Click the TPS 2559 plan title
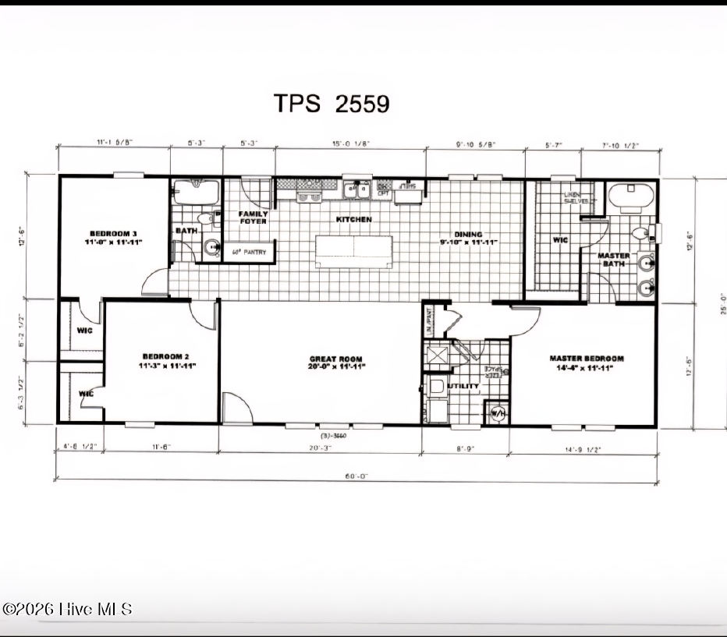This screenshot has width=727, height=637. (332, 103)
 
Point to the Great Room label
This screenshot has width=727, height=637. (335, 363)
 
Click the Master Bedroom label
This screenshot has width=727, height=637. (587, 363)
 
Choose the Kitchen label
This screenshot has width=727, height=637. (353, 220)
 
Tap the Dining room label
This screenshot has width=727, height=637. (469, 238)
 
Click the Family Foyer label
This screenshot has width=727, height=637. (253, 218)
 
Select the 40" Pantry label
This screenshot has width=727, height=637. (250, 253)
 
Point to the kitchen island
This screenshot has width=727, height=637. (353, 250)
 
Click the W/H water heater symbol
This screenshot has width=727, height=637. (497, 413)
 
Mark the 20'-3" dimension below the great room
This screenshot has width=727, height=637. (320, 448)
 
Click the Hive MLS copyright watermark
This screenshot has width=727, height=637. (67, 609)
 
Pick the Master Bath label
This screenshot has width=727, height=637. (614, 260)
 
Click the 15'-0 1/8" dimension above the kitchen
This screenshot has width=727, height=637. (349, 142)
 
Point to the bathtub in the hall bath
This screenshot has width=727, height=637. (197, 192)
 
